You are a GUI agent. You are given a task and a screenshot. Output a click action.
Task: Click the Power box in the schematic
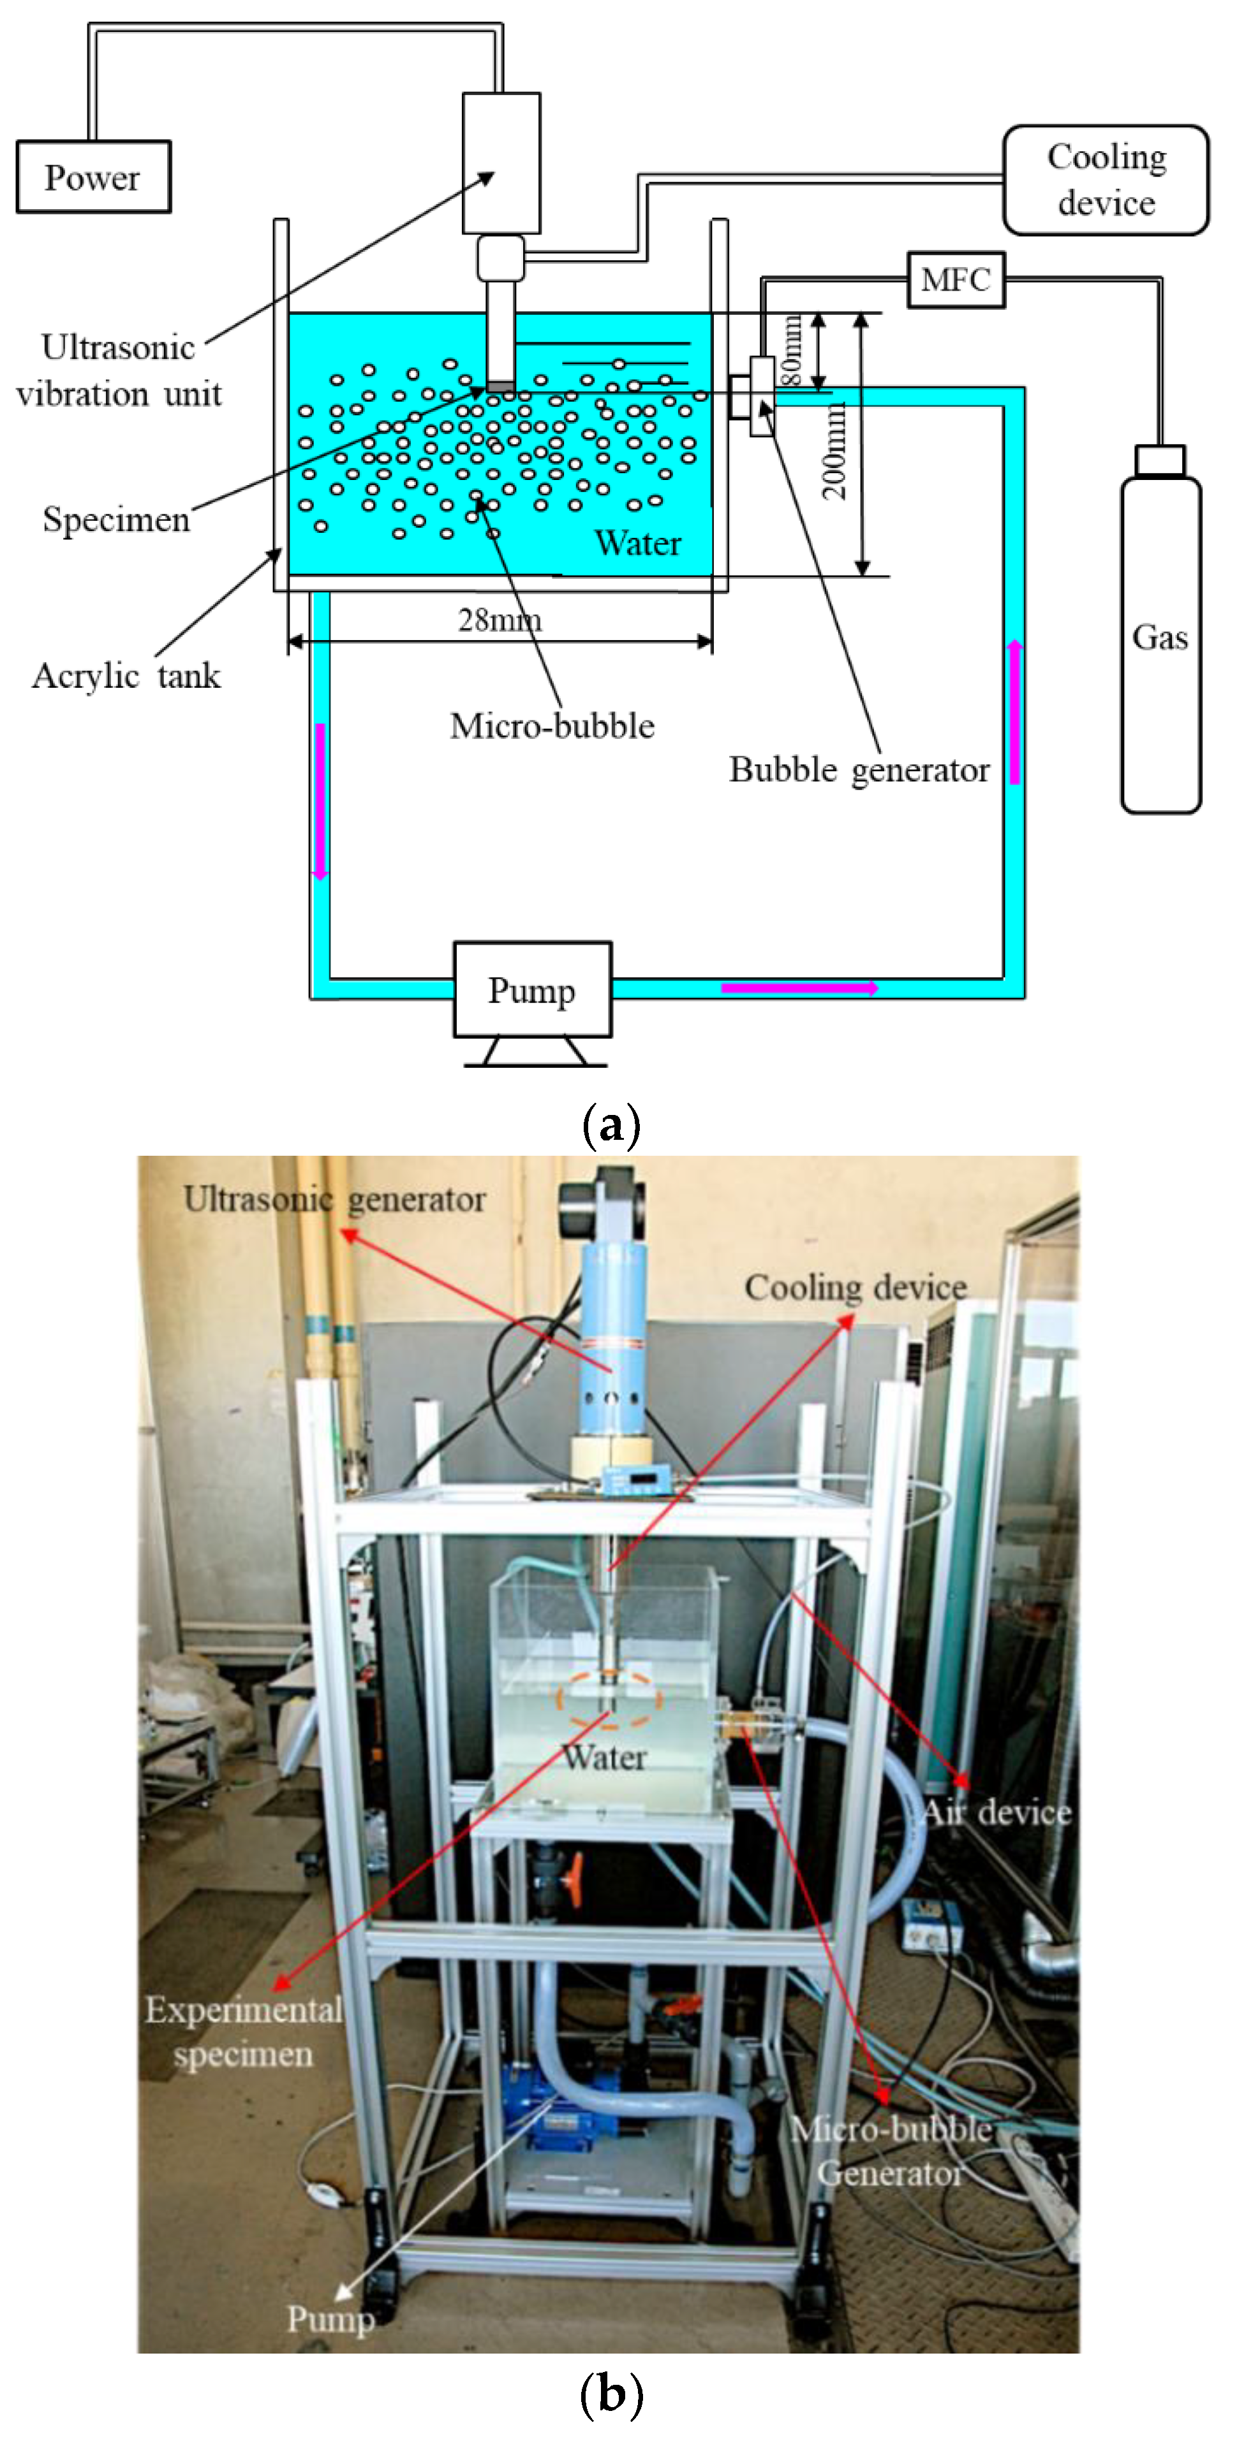[x=93, y=177]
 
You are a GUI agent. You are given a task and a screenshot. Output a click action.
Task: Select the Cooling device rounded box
[x=1106, y=180]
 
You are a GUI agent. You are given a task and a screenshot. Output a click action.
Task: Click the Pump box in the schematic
[x=532, y=989]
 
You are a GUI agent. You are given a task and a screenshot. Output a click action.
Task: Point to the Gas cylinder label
[x=1159, y=637]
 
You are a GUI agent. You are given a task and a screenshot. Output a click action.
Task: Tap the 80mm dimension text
[x=791, y=351]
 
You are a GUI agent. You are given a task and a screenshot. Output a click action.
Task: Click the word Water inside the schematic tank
[x=637, y=544]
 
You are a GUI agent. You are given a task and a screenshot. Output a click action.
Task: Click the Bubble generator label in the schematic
[x=858, y=770]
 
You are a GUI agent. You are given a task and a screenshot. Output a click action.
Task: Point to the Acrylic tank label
[x=126, y=676]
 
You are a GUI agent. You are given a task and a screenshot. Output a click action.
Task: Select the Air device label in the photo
[x=996, y=1812]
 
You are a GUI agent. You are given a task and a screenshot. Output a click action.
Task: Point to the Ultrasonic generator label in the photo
[x=334, y=1200]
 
